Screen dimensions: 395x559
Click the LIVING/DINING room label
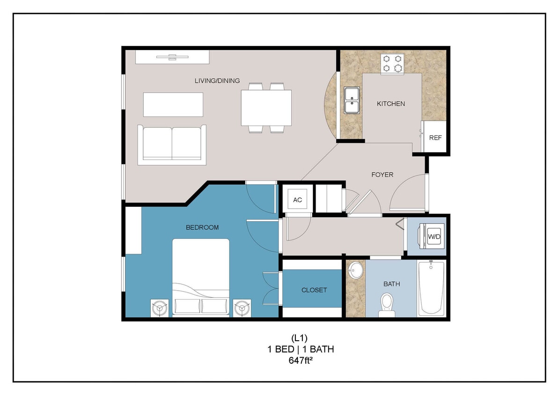pyautogui.click(x=217, y=81)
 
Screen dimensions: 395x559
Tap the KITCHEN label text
pyautogui.click(x=391, y=103)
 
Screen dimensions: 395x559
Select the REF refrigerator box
pyautogui.click(x=435, y=138)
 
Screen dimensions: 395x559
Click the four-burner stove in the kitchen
pyautogui.click(x=392, y=64)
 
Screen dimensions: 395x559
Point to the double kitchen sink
pyautogui.click(x=352, y=100)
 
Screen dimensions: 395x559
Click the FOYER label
pyautogui.click(x=382, y=175)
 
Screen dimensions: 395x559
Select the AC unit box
pyautogui.click(x=297, y=200)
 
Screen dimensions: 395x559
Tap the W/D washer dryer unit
pyautogui.click(x=434, y=237)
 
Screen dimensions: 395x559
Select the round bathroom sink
pyautogui.click(x=356, y=270)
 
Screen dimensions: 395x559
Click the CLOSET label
pyautogui.click(x=314, y=290)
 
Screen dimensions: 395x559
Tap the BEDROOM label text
pyautogui.click(x=202, y=227)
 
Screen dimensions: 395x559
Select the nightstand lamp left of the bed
pyautogui.click(x=160, y=308)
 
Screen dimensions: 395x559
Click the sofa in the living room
pyautogui.click(x=172, y=144)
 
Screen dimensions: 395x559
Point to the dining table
pyautogui.click(x=266, y=108)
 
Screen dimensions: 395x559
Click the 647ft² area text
pyautogui.click(x=300, y=360)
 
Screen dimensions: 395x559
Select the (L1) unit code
pyautogui.click(x=300, y=338)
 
